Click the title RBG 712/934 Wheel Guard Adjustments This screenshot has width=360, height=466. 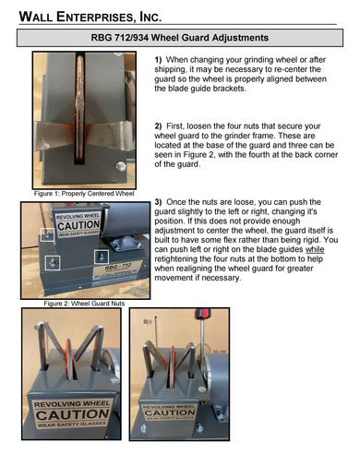pyautogui.click(x=180, y=39)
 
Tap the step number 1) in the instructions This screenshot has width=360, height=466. pyautogui.click(x=158, y=59)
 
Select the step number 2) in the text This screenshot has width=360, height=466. pyautogui.click(x=158, y=125)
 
